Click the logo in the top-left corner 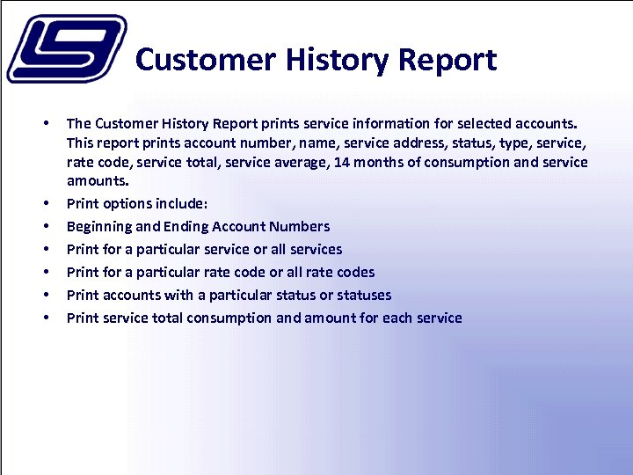[x=66, y=48]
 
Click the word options [x=127, y=203]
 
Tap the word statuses [x=362, y=295]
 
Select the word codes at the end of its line [x=354, y=272]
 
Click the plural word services [x=316, y=249]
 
